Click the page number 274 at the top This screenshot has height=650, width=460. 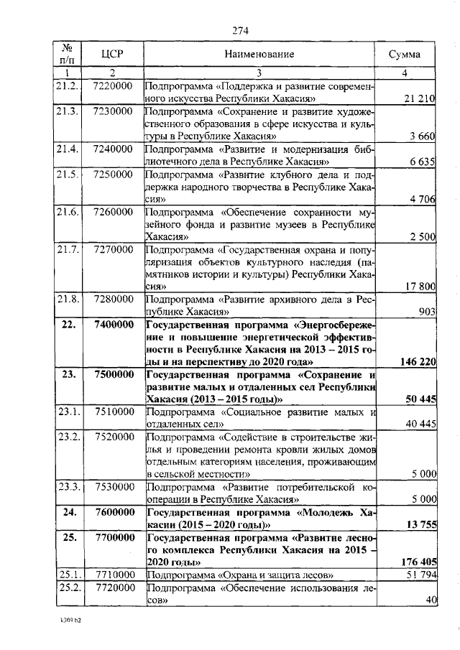tap(240, 29)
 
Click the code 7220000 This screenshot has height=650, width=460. tap(112, 86)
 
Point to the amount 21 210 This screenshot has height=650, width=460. tap(419, 98)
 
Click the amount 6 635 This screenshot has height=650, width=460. tap(423, 162)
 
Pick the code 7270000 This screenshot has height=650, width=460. tap(112, 249)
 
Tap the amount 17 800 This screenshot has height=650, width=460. tap(420, 287)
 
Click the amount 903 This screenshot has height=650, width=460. tap(427, 312)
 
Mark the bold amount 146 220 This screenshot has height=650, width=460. tap(418, 362)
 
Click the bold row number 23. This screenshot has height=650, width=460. tap(68, 375)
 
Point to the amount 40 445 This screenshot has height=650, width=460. tap(420, 424)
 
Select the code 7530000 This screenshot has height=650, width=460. tap(112, 487)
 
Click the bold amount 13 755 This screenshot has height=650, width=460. tap(420, 525)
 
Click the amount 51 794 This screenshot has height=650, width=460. tap(420, 575)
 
